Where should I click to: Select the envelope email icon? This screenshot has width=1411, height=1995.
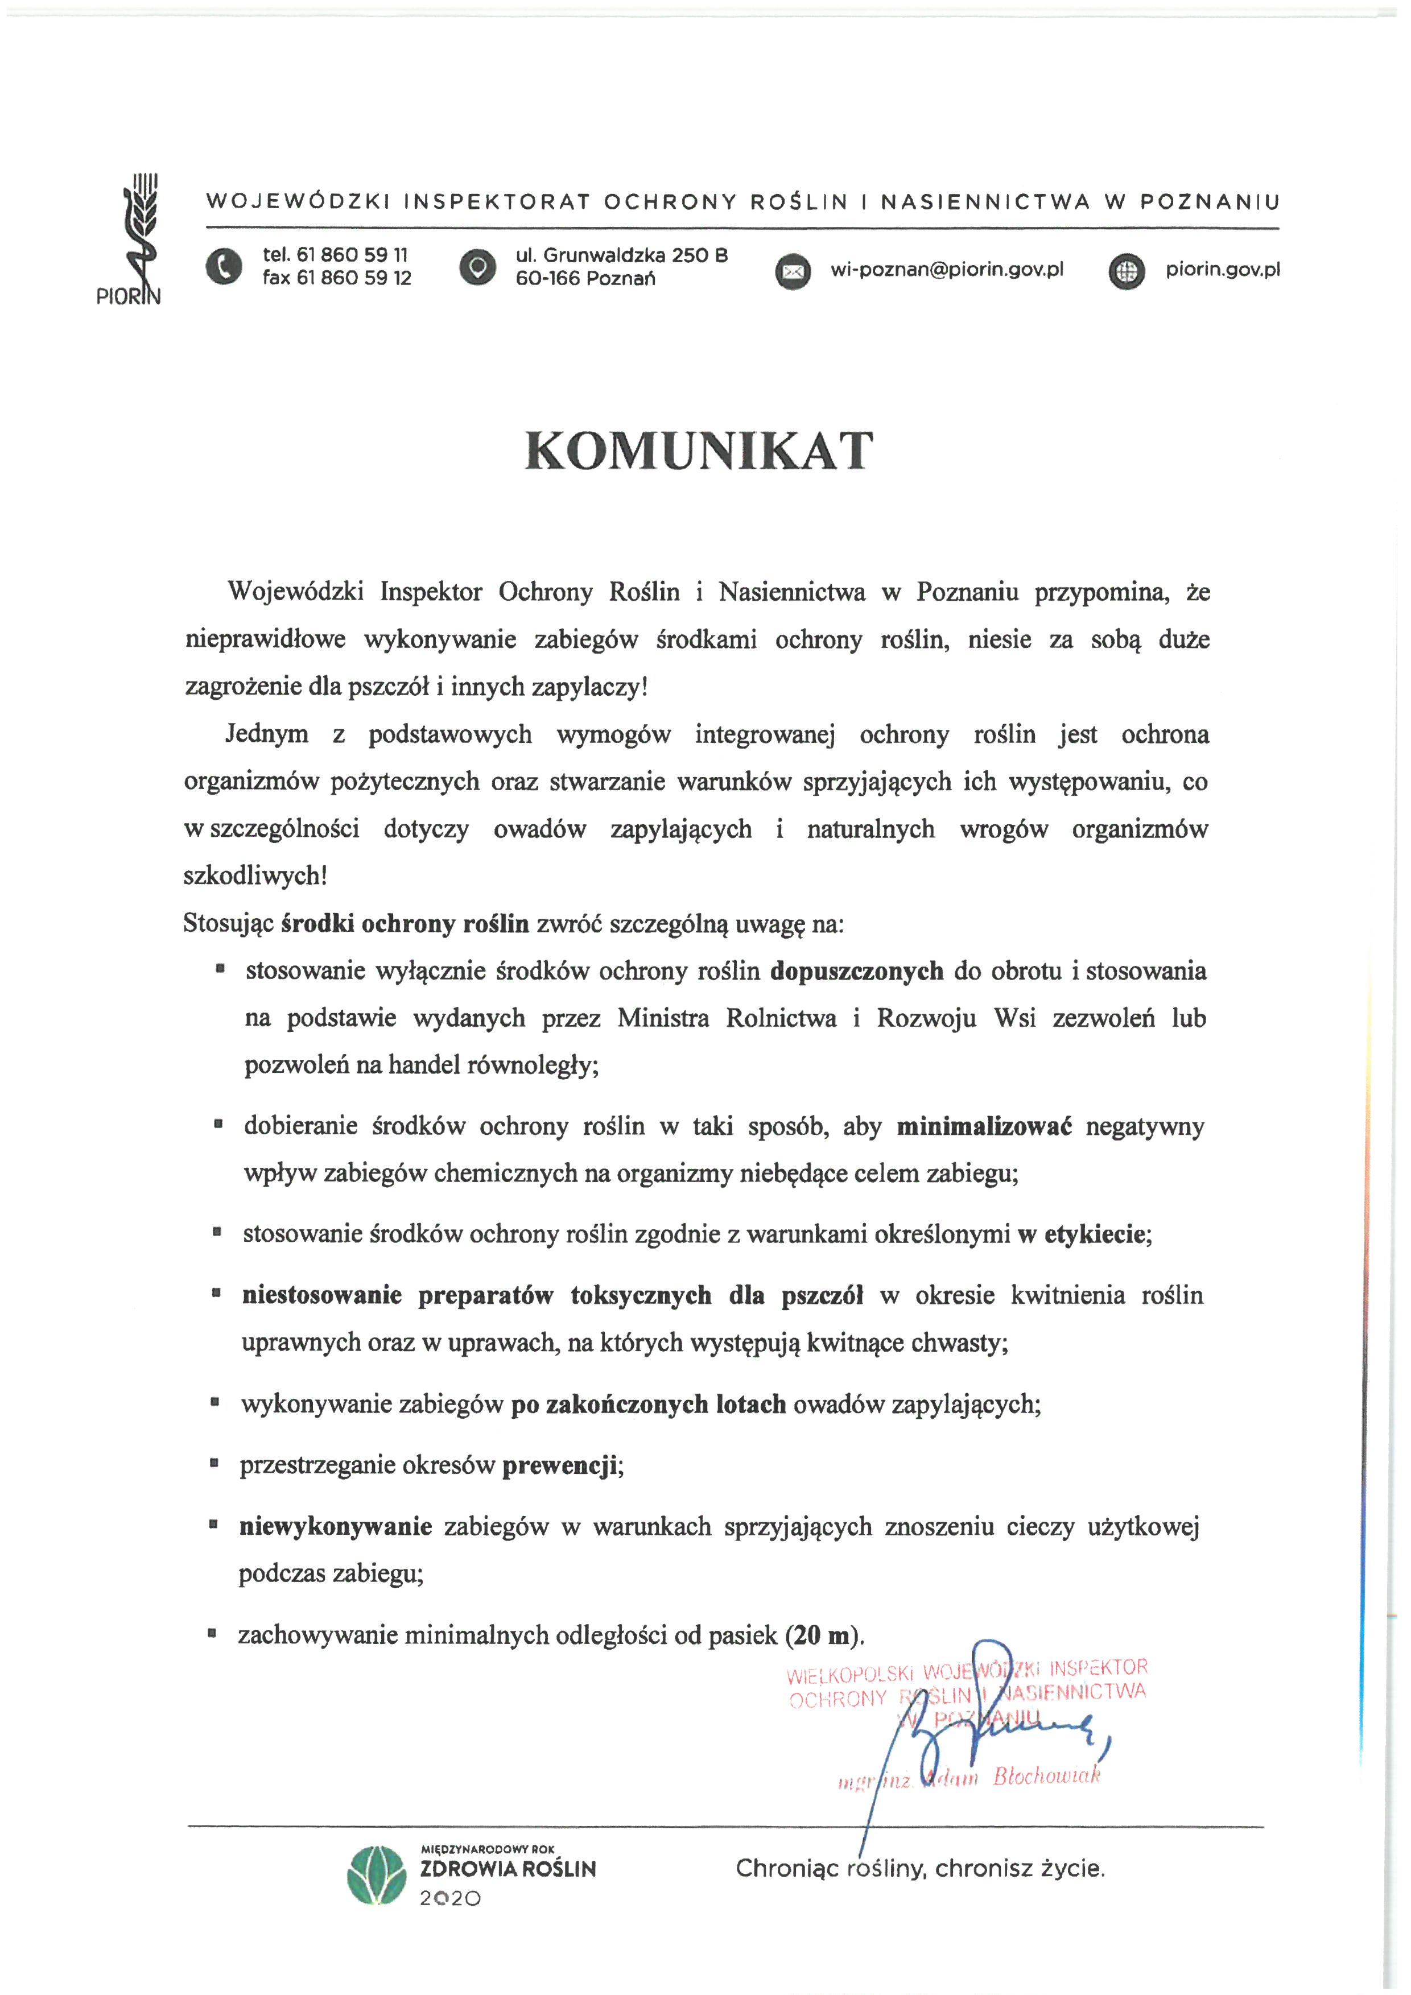pos(793,272)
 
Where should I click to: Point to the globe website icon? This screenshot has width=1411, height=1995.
pos(1127,272)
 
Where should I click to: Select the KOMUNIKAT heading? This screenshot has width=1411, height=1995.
pos(699,451)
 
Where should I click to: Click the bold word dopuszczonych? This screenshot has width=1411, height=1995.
pos(857,970)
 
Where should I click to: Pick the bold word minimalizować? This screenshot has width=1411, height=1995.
pos(984,1127)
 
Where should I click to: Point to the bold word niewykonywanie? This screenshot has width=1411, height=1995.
pos(335,1527)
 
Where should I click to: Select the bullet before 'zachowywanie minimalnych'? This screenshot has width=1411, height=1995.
pos(211,1634)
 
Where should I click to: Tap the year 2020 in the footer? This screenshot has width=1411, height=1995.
pos(450,1899)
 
